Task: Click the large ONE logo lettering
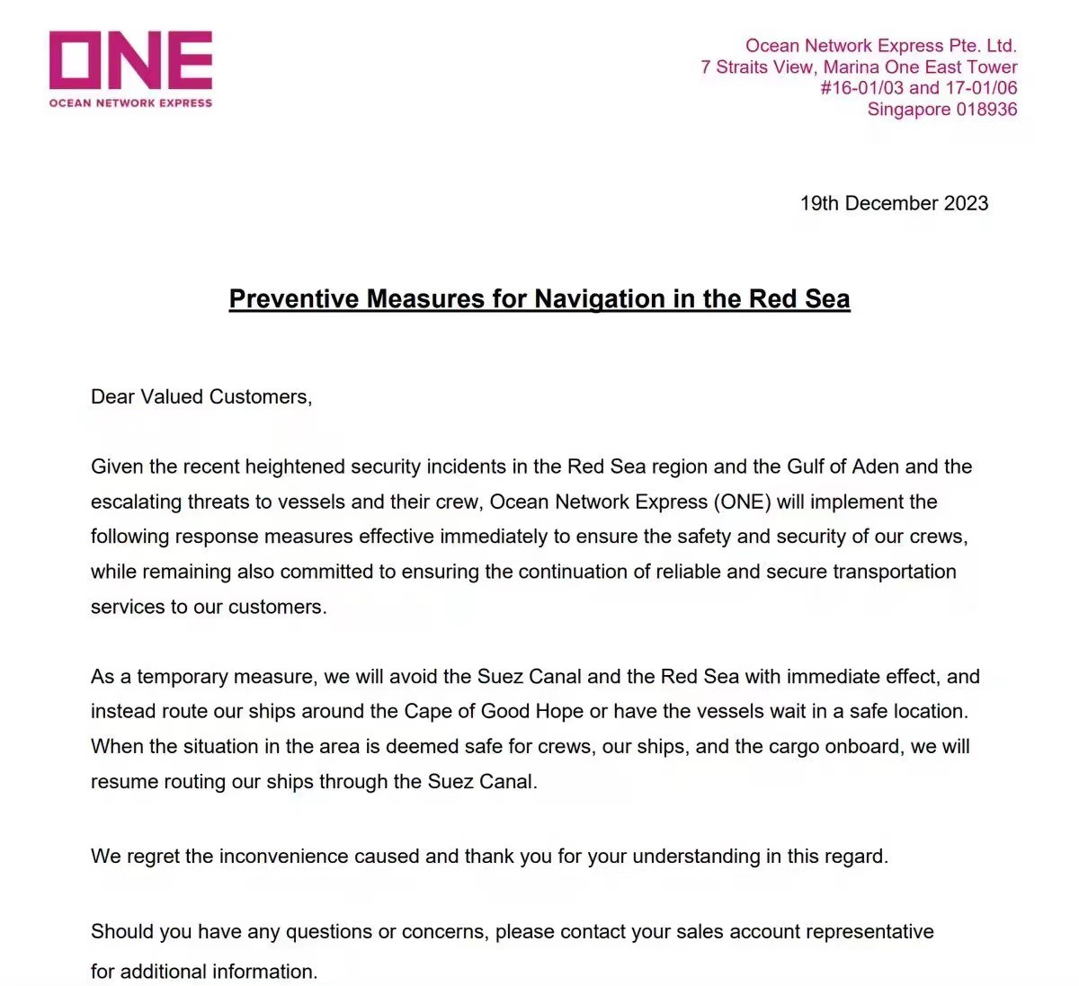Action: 130,60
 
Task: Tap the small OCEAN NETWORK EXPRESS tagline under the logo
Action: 130,103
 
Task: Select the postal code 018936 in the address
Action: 986,110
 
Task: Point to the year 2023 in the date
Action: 966,203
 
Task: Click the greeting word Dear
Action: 112,396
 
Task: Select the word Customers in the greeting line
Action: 260,396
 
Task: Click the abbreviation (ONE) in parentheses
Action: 742,502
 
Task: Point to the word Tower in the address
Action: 992,67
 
